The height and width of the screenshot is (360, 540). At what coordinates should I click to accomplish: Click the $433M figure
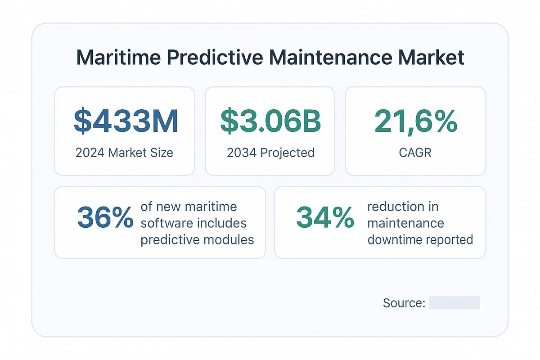tap(126, 120)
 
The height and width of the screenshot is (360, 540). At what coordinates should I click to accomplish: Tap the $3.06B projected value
tap(270, 120)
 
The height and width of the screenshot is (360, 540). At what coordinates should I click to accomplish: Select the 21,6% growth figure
tap(416, 120)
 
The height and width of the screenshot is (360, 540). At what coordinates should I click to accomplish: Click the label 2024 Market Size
tap(124, 153)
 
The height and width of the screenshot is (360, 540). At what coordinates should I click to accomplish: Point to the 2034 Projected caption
tap(270, 153)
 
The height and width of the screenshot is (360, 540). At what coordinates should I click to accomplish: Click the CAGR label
tap(415, 153)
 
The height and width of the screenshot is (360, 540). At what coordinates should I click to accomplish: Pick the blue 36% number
tap(105, 217)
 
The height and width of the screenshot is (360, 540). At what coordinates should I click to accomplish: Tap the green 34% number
tap(325, 217)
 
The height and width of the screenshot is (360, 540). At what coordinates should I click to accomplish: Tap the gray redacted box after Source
tap(454, 303)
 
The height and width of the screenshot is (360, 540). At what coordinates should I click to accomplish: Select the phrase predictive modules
tap(197, 239)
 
